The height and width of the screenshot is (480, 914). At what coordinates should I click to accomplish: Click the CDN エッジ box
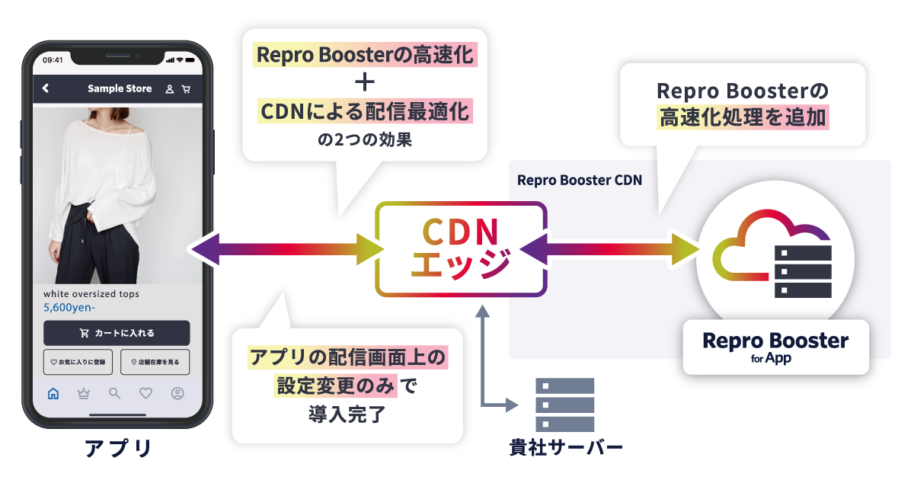click(x=461, y=249)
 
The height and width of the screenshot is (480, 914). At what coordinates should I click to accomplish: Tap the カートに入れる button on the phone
click(x=117, y=333)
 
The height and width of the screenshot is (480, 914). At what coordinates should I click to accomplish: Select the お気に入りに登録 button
click(x=78, y=362)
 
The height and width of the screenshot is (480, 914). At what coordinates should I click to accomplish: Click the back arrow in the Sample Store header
click(x=46, y=88)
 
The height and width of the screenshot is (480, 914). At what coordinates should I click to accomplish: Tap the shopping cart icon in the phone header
click(x=186, y=89)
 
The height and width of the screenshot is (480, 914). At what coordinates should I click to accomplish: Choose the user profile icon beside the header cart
click(x=169, y=89)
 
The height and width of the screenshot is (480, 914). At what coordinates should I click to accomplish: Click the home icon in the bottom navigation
click(x=53, y=394)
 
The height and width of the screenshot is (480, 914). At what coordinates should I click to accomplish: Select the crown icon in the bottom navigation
click(x=84, y=394)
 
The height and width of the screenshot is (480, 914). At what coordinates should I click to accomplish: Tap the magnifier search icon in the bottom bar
click(x=115, y=394)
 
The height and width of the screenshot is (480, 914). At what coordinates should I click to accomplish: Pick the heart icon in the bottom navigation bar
click(x=146, y=394)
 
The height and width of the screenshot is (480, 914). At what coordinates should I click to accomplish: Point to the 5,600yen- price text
click(x=69, y=308)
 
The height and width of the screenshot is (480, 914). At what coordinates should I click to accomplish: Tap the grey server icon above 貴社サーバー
click(x=564, y=405)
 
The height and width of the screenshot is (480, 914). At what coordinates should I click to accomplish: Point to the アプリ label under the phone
click(x=118, y=449)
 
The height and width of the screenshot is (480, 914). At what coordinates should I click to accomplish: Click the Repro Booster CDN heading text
click(x=579, y=181)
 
